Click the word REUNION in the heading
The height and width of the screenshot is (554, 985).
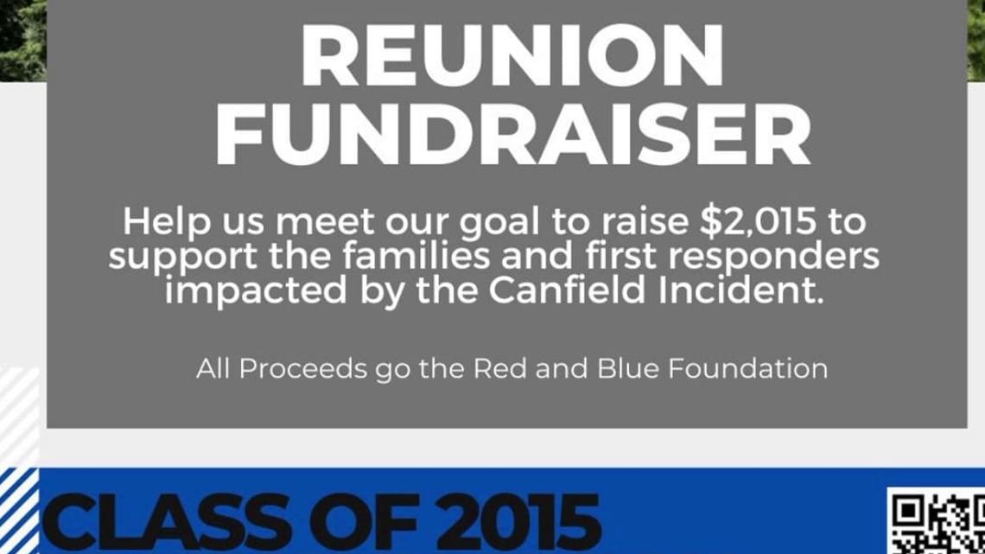coord(512,55)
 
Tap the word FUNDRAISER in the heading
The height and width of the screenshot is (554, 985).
coord(513,135)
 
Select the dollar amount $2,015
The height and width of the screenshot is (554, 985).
coord(759,222)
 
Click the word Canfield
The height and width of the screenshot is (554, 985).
coord(567,290)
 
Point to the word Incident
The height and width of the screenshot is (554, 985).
coord(740,290)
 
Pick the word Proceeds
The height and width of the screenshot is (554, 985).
coord(302,369)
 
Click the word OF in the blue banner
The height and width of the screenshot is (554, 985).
coord(364,522)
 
